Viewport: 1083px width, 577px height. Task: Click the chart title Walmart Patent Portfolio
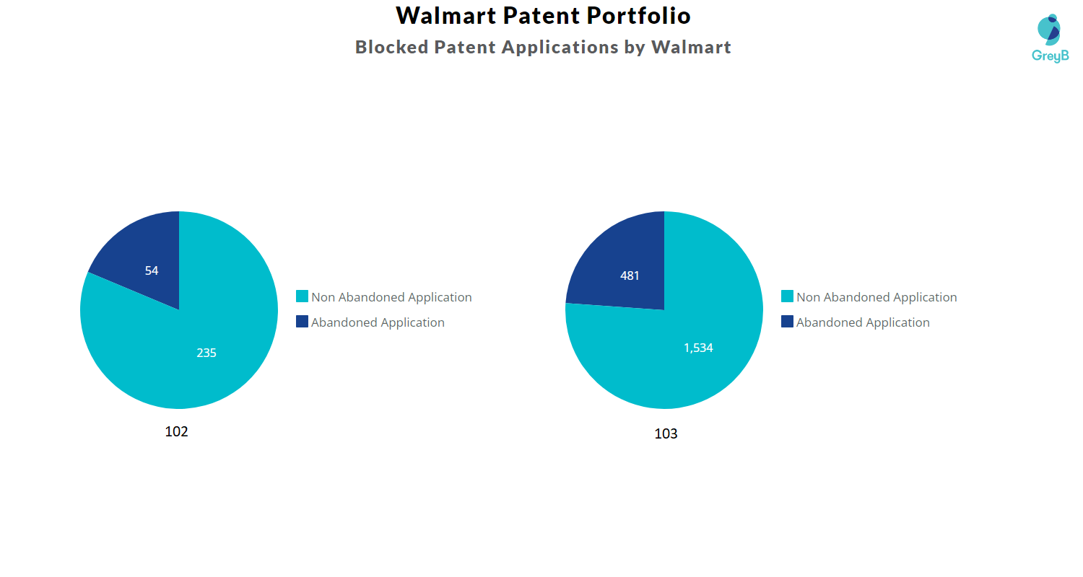[543, 15]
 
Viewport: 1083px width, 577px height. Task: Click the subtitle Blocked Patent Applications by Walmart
[543, 48]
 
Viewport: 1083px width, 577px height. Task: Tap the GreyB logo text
[1050, 56]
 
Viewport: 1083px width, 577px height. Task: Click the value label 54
[152, 271]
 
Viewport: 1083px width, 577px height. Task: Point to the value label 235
[206, 353]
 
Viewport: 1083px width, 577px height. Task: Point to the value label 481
[630, 276]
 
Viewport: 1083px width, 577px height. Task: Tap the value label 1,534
[698, 348]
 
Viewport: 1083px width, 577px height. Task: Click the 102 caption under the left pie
[176, 431]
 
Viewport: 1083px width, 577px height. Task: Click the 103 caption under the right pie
[666, 434]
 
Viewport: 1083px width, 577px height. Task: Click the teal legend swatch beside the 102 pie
[302, 296]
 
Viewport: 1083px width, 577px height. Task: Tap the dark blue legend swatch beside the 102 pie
[302, 322]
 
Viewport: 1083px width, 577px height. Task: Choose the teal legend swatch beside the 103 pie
[787, 296]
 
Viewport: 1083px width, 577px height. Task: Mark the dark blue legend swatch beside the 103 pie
[787, 322]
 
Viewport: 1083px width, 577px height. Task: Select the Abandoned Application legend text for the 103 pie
[863, 322]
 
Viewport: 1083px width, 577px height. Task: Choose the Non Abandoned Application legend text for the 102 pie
[391, 297]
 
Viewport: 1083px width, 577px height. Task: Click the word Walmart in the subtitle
[691, 48]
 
